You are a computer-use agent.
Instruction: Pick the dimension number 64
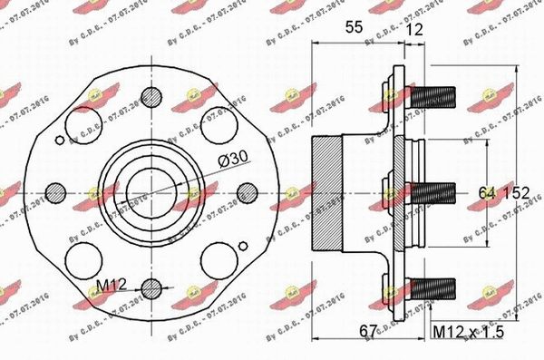[x=489, y=191]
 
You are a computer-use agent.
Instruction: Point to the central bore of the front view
[x=145, y=190]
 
